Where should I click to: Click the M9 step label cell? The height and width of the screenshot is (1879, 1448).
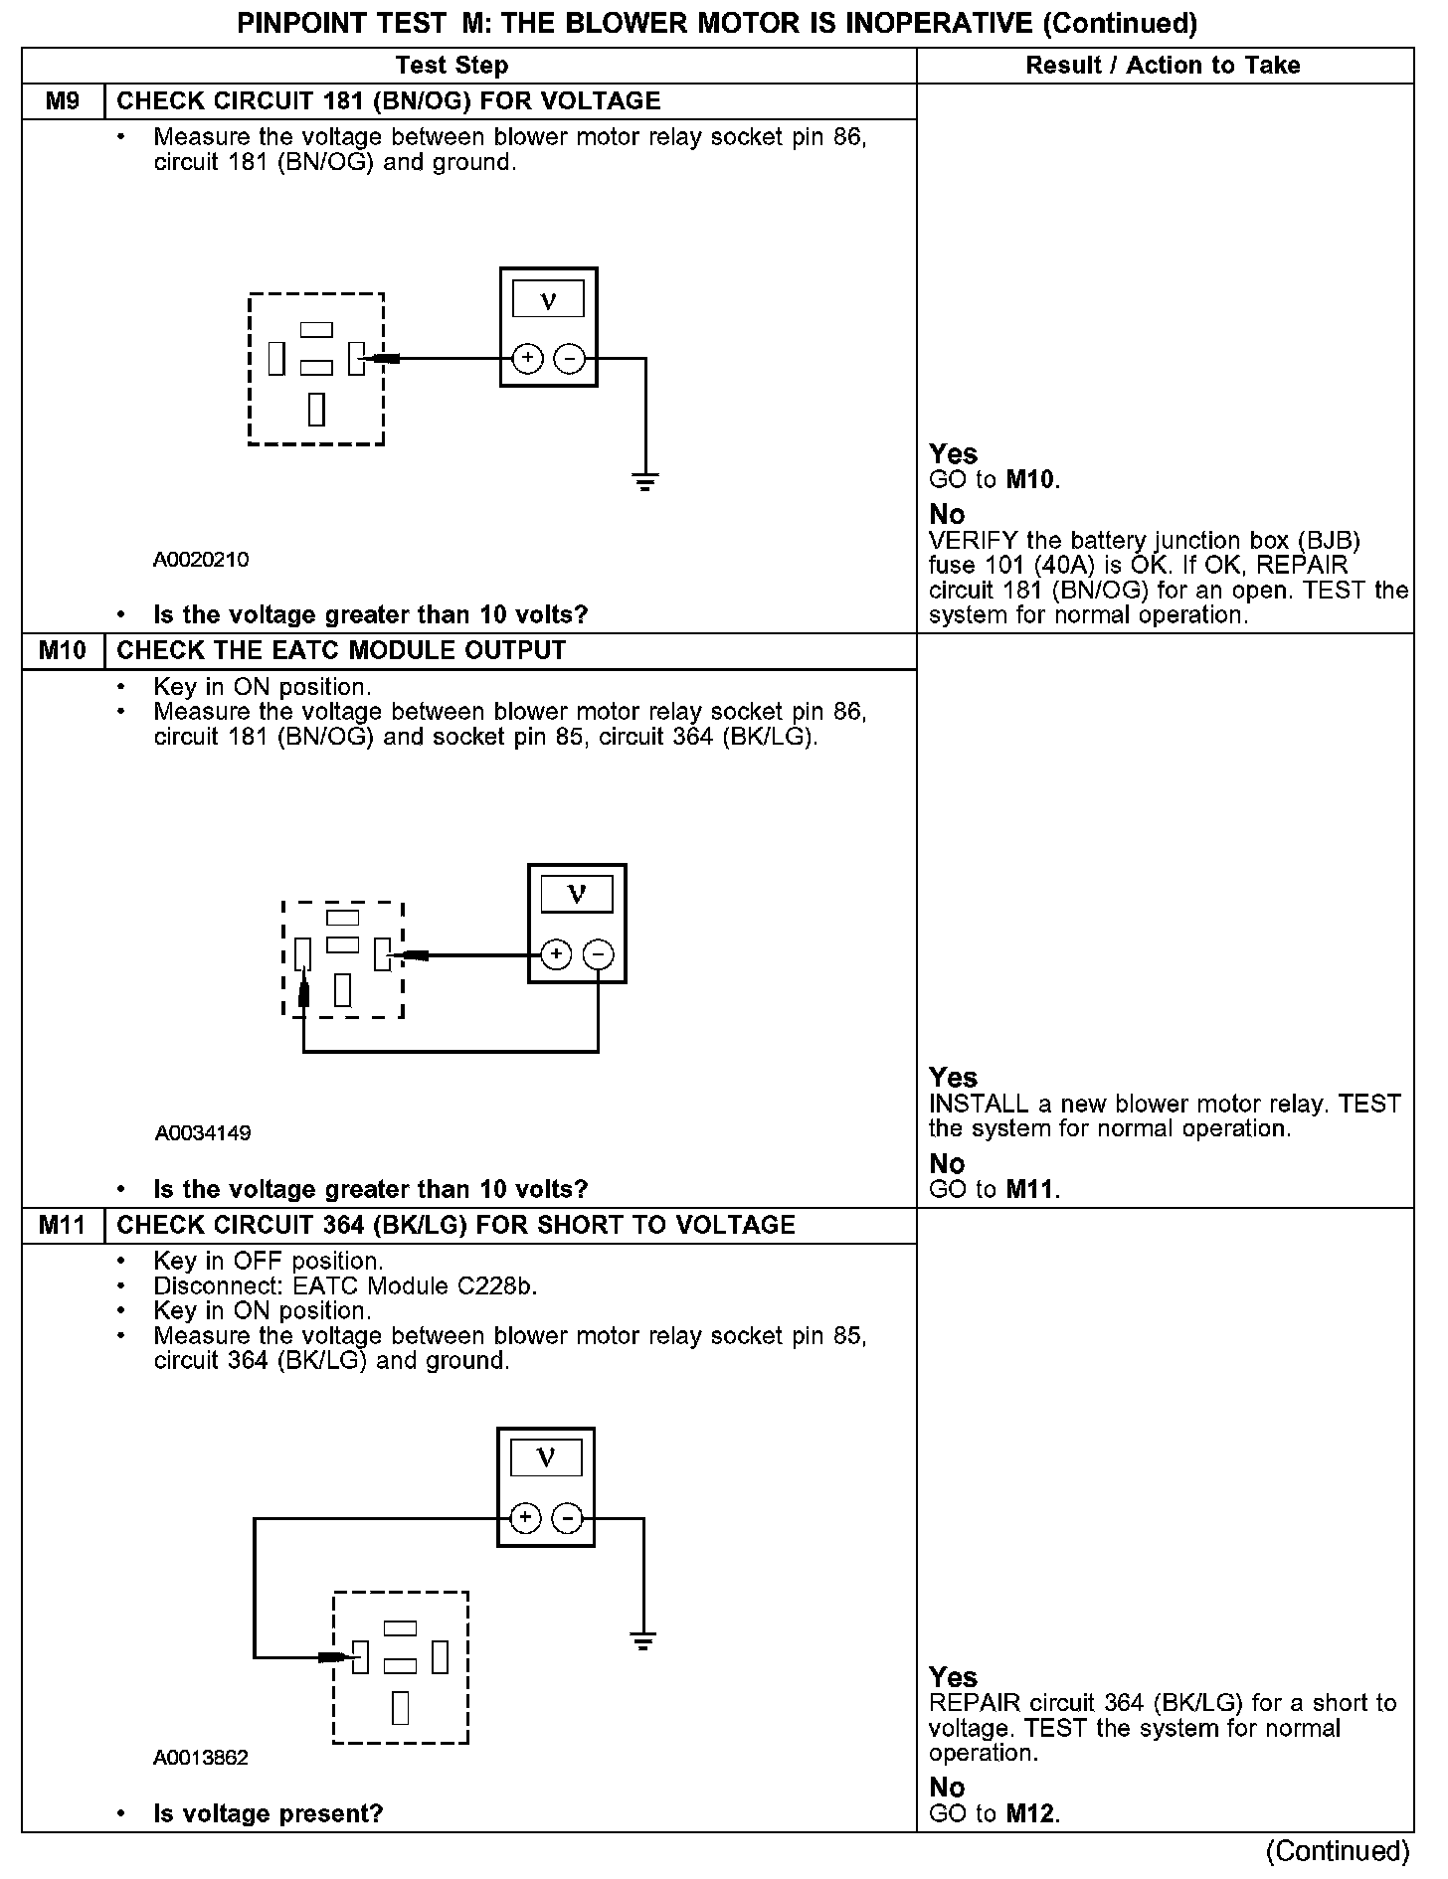63,101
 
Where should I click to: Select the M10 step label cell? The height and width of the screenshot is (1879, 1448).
63,651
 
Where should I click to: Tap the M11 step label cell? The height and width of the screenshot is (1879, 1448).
63,1225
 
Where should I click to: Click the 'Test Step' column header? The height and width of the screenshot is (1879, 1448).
452,66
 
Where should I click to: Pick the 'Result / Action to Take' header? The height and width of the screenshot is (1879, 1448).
1163,66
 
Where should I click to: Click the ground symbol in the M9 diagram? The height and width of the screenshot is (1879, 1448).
645,483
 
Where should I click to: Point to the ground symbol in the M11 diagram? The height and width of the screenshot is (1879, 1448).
643,1641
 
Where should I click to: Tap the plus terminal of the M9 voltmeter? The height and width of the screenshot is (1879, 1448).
527,358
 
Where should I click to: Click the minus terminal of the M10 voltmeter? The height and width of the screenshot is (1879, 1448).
598,955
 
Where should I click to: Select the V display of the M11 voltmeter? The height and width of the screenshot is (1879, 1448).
546,1458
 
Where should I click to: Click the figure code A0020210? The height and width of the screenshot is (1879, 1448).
201,560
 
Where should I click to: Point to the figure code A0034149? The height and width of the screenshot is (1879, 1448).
203,1133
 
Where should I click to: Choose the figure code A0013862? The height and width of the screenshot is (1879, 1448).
201,1758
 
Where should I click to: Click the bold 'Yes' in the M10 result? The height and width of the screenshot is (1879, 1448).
953,1077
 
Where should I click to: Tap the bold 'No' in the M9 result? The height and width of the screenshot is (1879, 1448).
947,514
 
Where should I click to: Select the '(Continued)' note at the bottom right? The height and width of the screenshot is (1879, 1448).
1338,1851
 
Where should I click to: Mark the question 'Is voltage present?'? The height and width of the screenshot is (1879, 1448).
269,1813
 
